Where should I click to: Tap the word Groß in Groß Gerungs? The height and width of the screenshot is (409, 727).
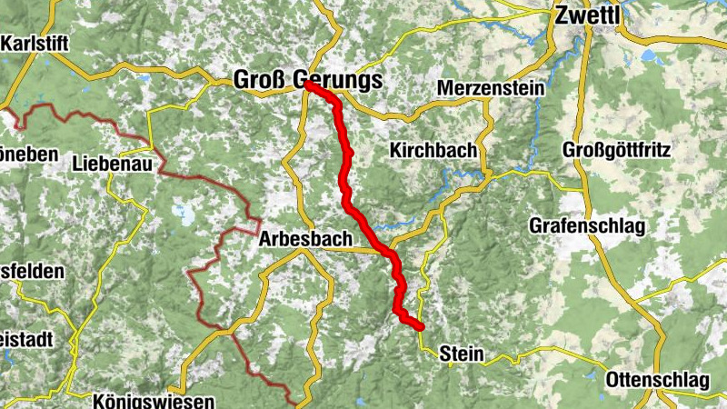262,80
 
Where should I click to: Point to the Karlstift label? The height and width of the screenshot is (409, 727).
35,43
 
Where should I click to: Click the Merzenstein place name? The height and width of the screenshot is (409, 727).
490,88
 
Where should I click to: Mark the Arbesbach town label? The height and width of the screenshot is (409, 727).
304,240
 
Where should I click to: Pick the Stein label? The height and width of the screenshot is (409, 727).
460,354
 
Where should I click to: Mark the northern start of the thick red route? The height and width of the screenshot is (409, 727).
308,86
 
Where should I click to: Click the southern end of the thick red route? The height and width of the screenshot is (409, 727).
421,326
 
